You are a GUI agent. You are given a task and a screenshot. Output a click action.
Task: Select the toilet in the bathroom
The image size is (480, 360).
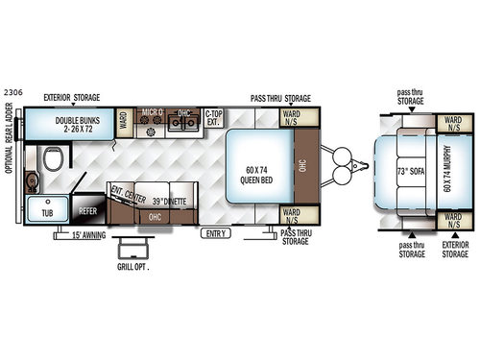click(55, 158)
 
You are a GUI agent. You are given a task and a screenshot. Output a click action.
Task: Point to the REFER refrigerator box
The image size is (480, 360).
click(88, 208)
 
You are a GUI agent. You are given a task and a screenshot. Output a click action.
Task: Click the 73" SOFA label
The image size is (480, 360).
click(405, 171)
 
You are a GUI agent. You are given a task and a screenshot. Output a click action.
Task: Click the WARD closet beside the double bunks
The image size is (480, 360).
click(124, 121)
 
